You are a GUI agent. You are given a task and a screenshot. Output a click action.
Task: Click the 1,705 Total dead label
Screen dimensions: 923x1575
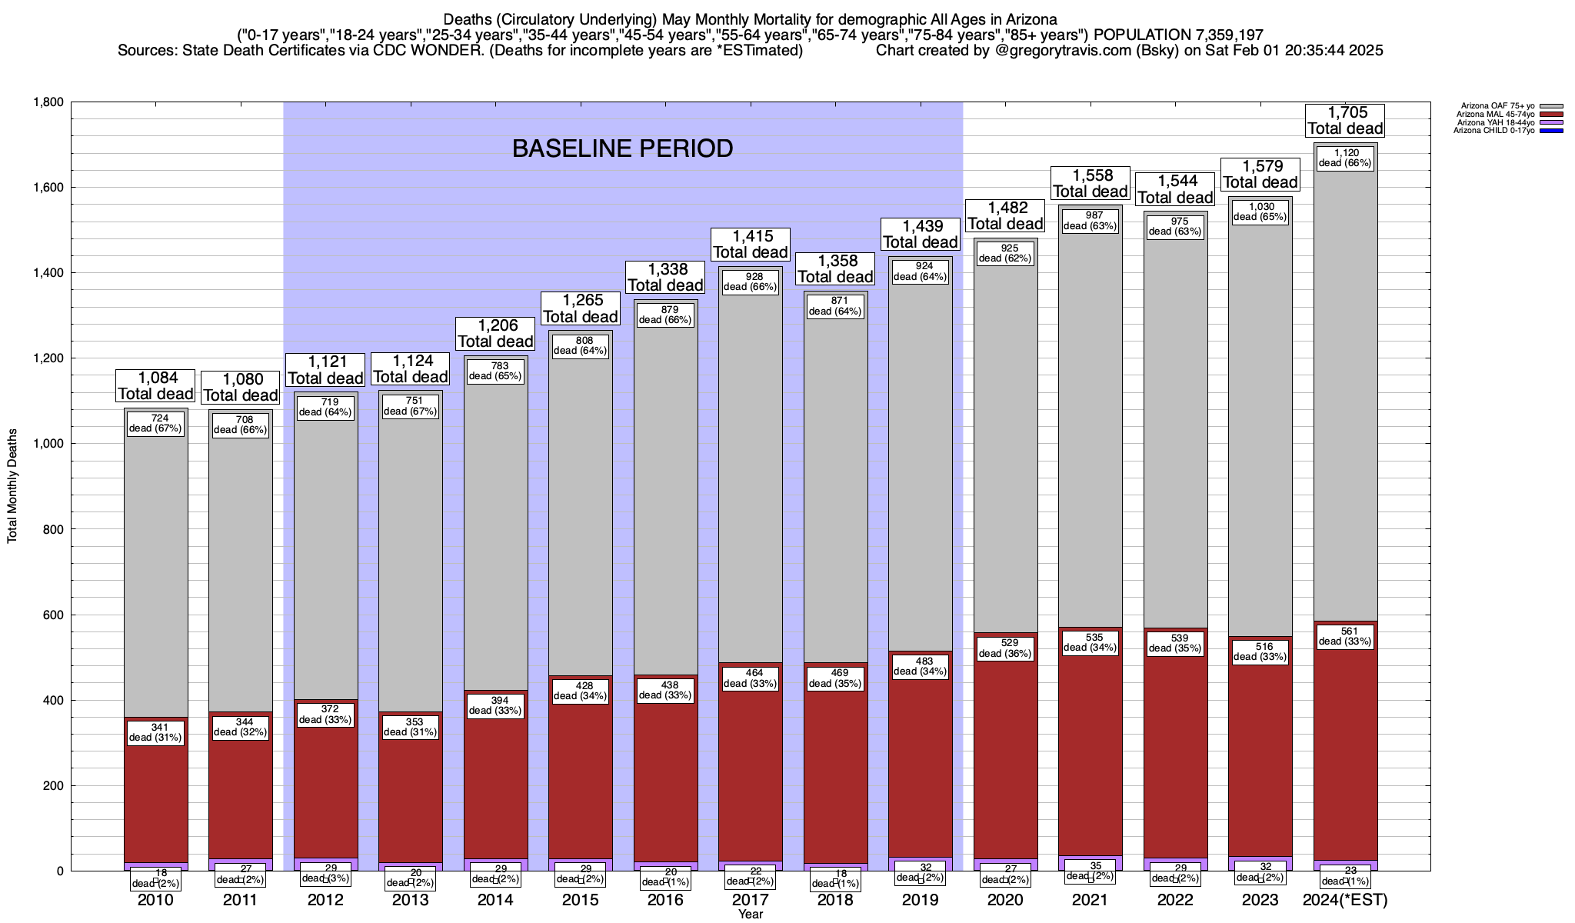click(x=1345, y=121)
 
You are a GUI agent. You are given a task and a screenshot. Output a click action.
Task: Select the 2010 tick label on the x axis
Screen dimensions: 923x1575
click(x=155, y=900)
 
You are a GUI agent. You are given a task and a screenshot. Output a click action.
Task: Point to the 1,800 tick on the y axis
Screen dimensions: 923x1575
click(x=48, y=102)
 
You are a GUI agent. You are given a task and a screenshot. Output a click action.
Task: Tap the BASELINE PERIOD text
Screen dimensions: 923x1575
click(x=622, y=148)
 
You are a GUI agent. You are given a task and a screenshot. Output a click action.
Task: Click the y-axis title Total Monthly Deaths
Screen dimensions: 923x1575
click(x=12, y=487)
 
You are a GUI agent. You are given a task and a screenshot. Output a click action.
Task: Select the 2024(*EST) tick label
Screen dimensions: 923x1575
click(x=1345, y=900)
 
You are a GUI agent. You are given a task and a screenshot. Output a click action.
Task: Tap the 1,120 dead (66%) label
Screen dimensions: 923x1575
click(x=1345, y=158)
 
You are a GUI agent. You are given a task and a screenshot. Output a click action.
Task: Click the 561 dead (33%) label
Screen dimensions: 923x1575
click(x=1345, y=636)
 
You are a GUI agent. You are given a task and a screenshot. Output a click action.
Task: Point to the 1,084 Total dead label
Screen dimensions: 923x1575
click(x=155, y=385)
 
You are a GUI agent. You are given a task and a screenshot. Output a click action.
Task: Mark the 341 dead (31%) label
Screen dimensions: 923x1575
click(x=155, y=732)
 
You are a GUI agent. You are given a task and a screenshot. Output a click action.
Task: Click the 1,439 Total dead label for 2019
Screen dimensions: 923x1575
click(x=920, y=234)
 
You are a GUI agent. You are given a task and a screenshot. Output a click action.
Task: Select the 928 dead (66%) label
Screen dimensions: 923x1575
click(x=750, y=282)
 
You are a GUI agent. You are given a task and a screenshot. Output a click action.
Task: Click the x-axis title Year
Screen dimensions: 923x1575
click(x=750, y=915)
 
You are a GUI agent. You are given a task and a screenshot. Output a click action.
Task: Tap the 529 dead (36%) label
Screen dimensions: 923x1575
click(x=1005, y=648)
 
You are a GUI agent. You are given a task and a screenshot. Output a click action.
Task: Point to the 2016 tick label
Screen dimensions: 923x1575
click(x=665, y=900)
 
